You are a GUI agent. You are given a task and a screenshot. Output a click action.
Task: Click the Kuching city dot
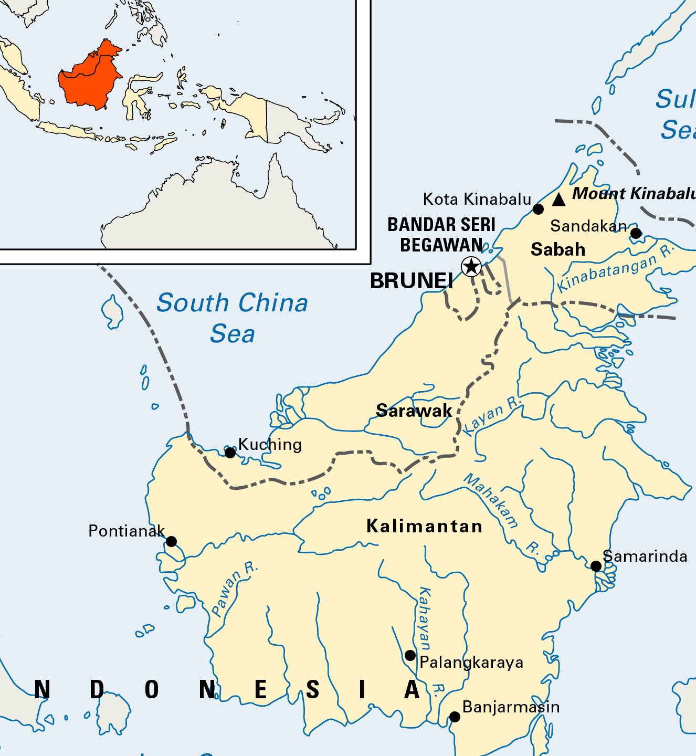click(230, 453)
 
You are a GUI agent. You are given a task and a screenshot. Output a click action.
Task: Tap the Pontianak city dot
click(171, 541)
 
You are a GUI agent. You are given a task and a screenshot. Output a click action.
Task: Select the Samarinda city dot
click(596, 566)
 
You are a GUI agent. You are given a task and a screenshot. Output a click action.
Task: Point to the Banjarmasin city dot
click(455, 717)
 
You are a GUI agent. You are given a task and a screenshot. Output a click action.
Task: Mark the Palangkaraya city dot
click(410, 655)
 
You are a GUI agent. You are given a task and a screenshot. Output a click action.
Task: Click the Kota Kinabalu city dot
click(538, 209)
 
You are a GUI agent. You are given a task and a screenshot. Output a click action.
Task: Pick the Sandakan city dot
click(636, 233)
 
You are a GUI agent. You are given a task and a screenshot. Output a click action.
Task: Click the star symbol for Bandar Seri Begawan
click(471, 267)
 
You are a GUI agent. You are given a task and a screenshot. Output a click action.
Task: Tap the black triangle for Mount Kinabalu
click(558, 199)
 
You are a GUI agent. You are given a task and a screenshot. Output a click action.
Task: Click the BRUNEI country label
click(412, 281)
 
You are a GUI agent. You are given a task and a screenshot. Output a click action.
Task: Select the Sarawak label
click(414, 411)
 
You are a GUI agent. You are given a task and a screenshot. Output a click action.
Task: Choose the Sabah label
click(558, 249)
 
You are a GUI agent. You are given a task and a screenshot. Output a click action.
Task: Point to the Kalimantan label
click(424, 526)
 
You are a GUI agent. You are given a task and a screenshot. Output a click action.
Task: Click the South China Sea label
click(232, 318)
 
